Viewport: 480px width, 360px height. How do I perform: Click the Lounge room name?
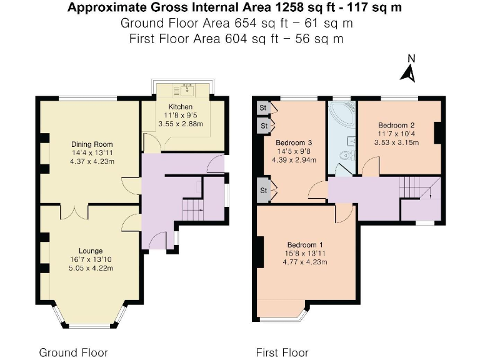point(91,251)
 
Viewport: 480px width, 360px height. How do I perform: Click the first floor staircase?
point(415,187)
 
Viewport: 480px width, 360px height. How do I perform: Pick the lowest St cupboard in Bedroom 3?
point(264,191)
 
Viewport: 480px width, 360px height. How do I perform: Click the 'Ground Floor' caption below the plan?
point(73,352)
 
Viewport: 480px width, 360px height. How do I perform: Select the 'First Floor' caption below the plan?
point(282,352)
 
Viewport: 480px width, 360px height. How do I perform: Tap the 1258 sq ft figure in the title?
point(275,8)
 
